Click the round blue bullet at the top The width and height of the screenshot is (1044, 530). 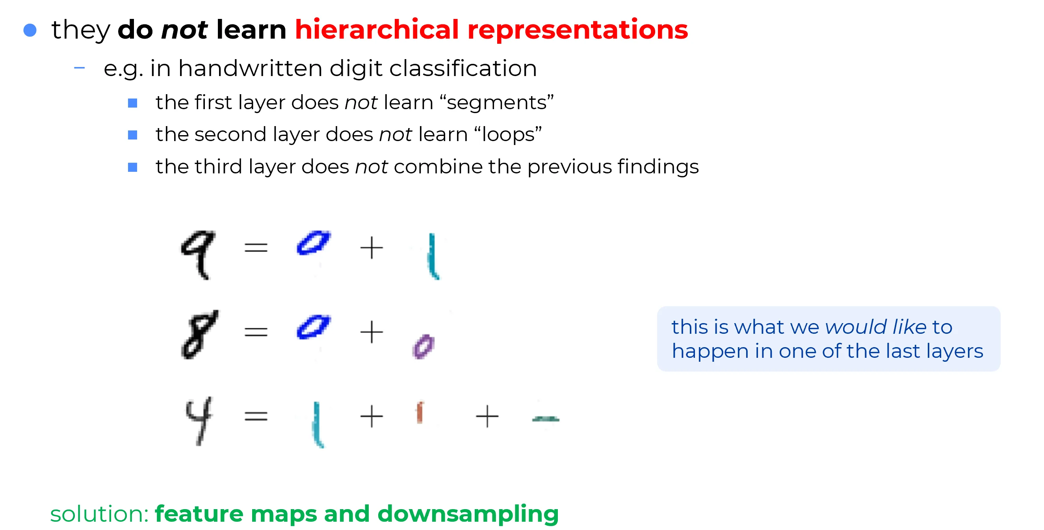click(30, 30)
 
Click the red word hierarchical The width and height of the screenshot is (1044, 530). click(377, 30)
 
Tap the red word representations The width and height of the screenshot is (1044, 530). click(578, 31)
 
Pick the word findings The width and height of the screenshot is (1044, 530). click(659, 167)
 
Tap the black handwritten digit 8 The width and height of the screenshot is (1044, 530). click(199, 334)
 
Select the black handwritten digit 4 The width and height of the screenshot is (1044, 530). click(199, 420)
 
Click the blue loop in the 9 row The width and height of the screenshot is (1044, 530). click(313, 243)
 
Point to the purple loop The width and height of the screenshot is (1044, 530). click(424, 346)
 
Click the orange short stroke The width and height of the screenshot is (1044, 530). click(420, 413)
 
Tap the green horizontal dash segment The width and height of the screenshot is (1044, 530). click(546, 419)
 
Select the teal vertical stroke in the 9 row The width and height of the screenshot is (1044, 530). click(433, 256)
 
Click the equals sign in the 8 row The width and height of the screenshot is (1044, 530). click(256, 333)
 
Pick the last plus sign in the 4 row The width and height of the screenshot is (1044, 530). click(487, 417)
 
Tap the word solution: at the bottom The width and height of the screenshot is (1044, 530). click(100, 514)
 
